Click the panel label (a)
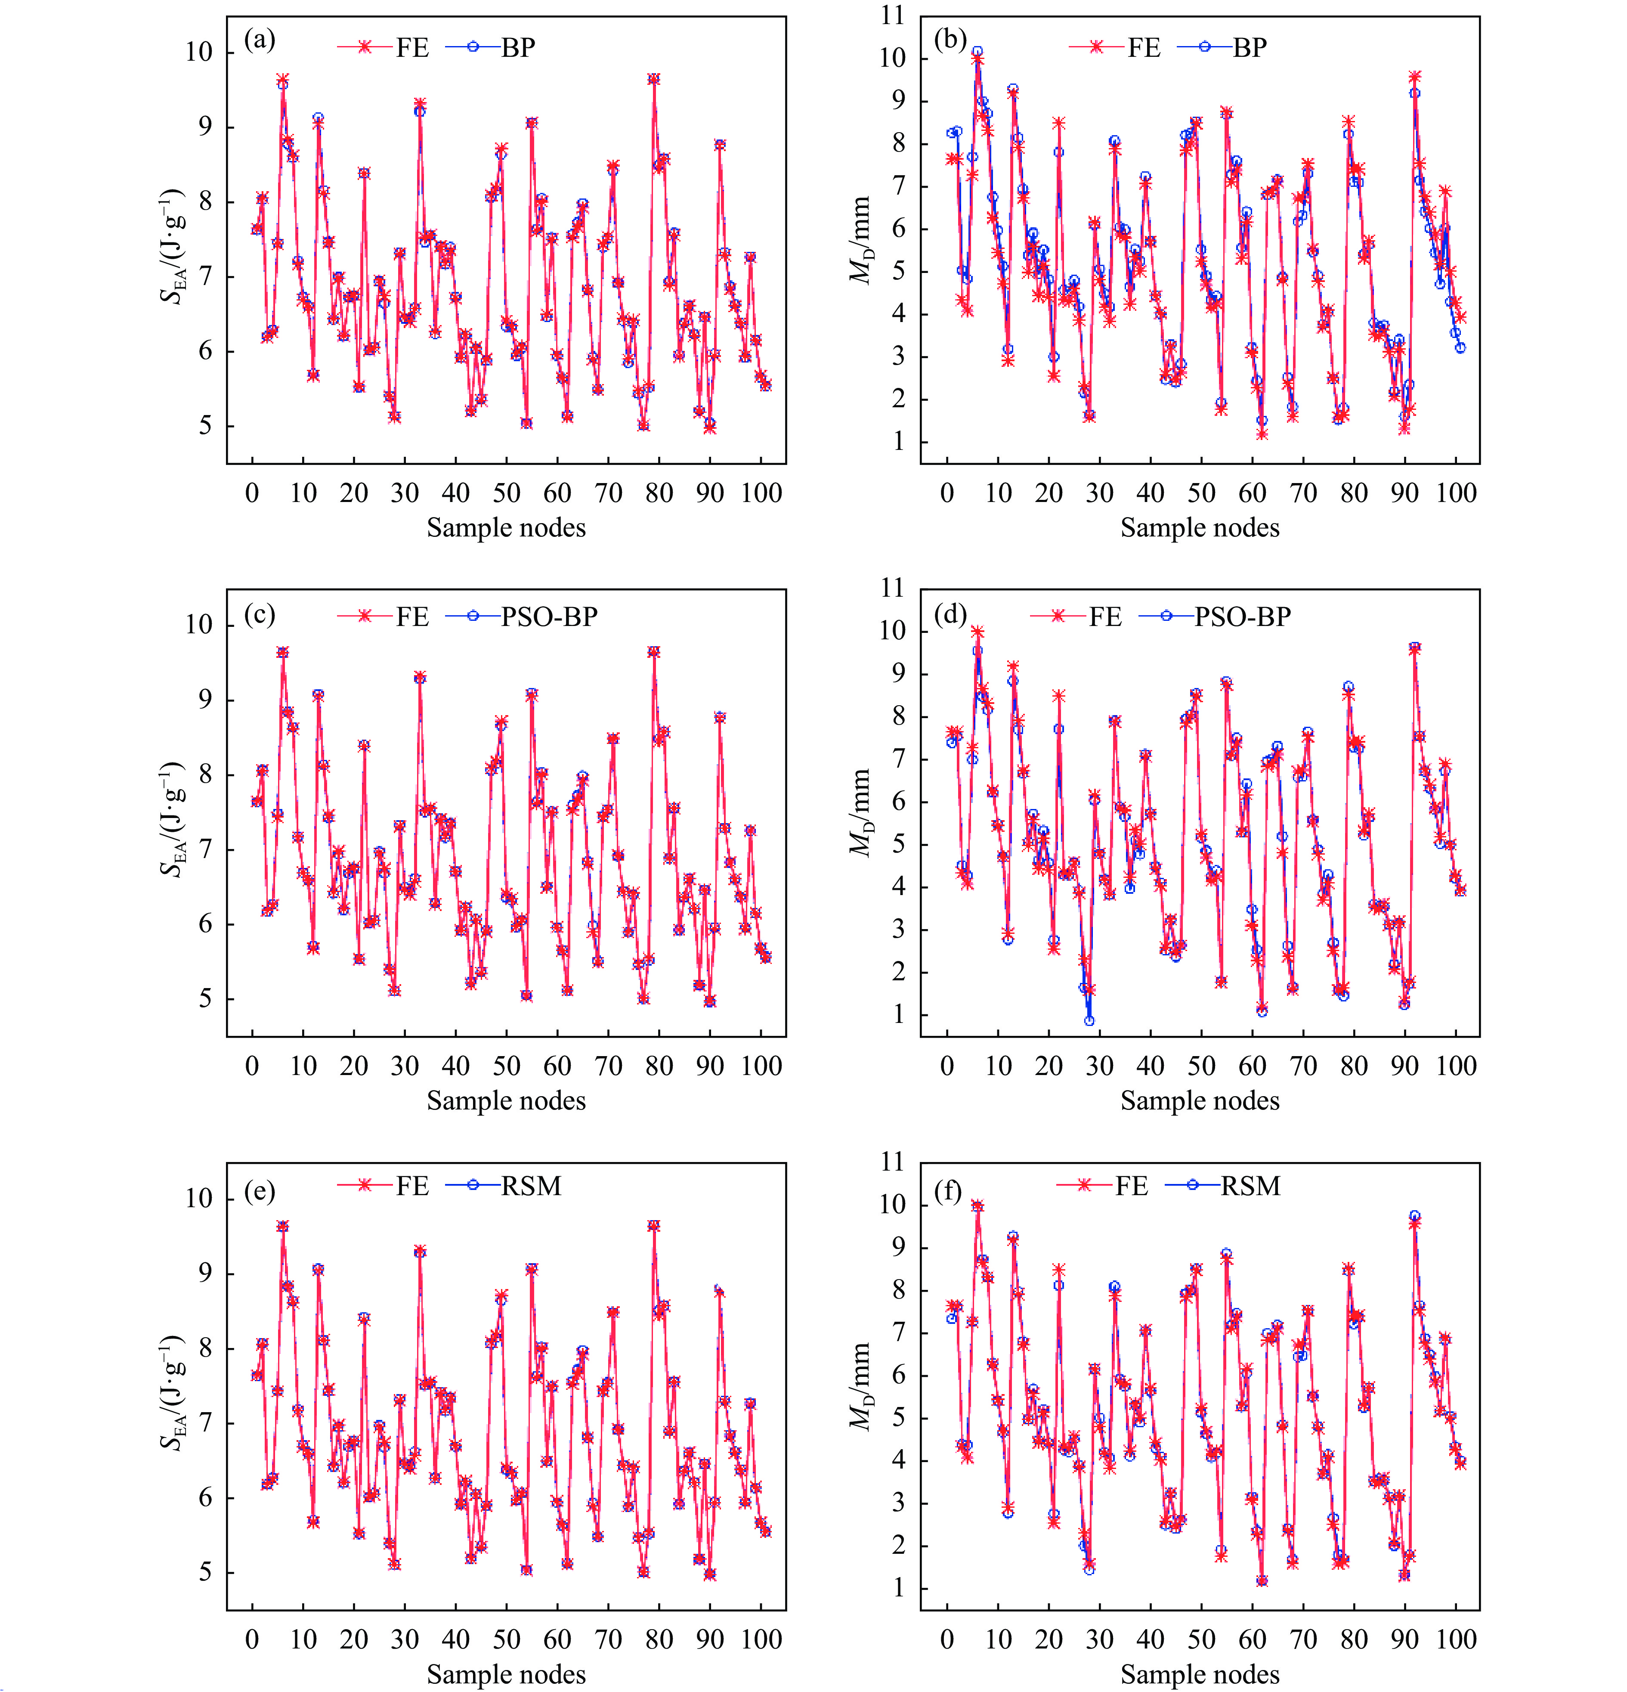click(x=259, y=40)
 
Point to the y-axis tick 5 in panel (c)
click(x=204, y=999)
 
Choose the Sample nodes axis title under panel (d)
click(x=1200, y=1101)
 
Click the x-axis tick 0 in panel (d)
click(x=947, y=1066)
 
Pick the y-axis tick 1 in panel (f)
click(x=899, y=1587)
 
